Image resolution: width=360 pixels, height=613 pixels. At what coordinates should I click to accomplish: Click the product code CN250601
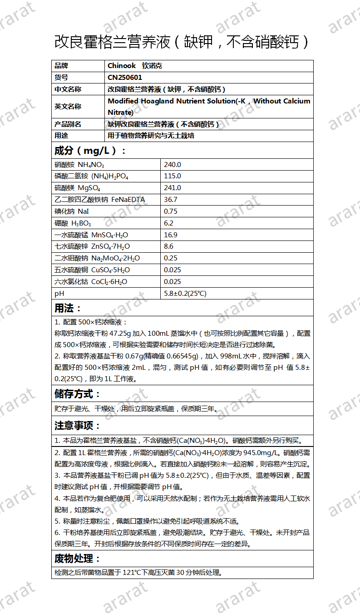(125, 78)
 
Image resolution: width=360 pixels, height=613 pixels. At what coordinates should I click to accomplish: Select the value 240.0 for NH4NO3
(172, 165)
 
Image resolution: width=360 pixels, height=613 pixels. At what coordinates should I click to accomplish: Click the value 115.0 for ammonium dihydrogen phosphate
(172, 176)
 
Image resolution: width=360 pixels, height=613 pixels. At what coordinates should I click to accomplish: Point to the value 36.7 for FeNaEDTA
(170, 200)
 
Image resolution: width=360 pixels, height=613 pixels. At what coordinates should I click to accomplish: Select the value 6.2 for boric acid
(168, 223)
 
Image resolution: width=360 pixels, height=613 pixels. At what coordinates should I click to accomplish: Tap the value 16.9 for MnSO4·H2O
(170, 235)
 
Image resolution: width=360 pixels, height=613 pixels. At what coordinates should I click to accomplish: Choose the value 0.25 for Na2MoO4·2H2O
(170, 258)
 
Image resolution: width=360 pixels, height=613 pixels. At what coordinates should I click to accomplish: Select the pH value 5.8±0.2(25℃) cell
(185, 294)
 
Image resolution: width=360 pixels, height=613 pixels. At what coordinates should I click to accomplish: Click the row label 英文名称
(68, 107)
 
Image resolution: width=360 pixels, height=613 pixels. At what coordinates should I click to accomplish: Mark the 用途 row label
(61, 136)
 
